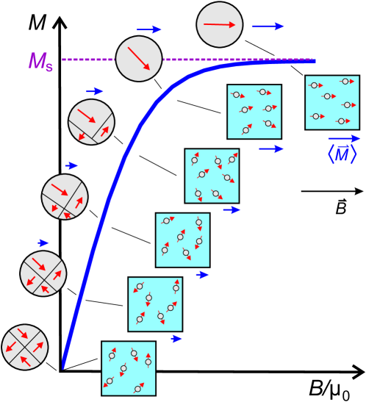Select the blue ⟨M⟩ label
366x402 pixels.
coord(342,154)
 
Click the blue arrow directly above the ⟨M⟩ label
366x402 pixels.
coord(344,138)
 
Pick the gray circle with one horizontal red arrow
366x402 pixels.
coord(219,24)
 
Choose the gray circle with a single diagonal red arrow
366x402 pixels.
coord(139,59)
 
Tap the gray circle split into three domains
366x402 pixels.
coord(91,122)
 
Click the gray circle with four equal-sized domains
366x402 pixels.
coord(25,347)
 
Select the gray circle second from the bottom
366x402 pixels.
coord(43,273)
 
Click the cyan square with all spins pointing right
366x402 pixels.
coord(332,102)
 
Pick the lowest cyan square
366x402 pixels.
coord(129,368)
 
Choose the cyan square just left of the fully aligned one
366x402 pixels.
coord(254,112)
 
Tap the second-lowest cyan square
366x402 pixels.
coord(155,304)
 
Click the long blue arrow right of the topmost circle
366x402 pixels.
coord(268,26)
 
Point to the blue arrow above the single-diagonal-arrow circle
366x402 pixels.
coord(149,29)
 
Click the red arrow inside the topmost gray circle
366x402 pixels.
coord(219,24)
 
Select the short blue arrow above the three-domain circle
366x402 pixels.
coord(95,91)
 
